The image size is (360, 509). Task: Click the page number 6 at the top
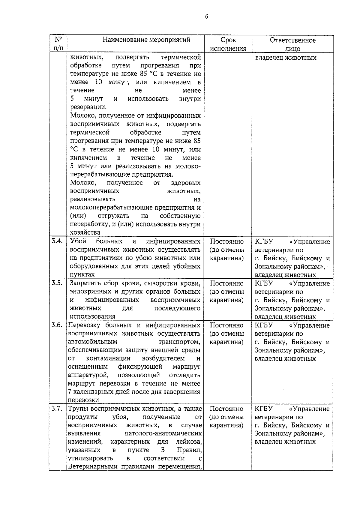[206, 17]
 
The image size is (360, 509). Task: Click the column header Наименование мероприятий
[146, 40]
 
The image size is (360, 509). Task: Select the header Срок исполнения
[228, 44]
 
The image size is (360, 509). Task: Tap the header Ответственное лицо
[292, 44]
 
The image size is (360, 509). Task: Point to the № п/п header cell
[58, 44]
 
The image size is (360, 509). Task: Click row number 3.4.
[57, 241]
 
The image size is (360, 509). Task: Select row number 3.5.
[57, 283]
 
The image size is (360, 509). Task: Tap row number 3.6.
[57, 325]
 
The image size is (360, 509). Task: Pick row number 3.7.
[57, 408]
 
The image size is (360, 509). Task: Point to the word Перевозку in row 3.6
[83, 325]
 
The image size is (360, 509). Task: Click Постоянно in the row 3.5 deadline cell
[227, 283]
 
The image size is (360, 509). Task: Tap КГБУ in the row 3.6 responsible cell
[264, 325]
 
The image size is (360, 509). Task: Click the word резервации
[88, 107]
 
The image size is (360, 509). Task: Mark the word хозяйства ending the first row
[85, 232]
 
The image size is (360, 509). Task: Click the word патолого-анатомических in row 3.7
[163, 433]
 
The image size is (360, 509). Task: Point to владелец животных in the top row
[286, 58]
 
